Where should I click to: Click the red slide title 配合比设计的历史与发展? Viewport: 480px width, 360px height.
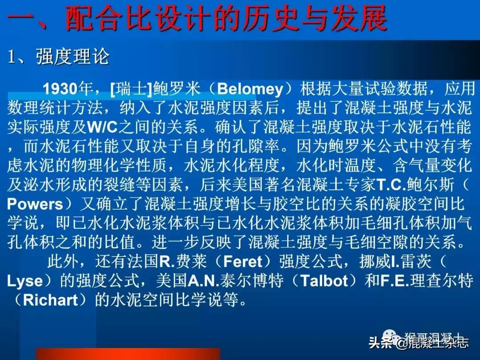(227, 19)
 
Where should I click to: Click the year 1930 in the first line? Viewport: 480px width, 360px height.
(60, 89)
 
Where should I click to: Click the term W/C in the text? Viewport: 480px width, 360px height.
(103, 128)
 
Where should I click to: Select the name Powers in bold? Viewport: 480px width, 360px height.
(36, 204)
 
